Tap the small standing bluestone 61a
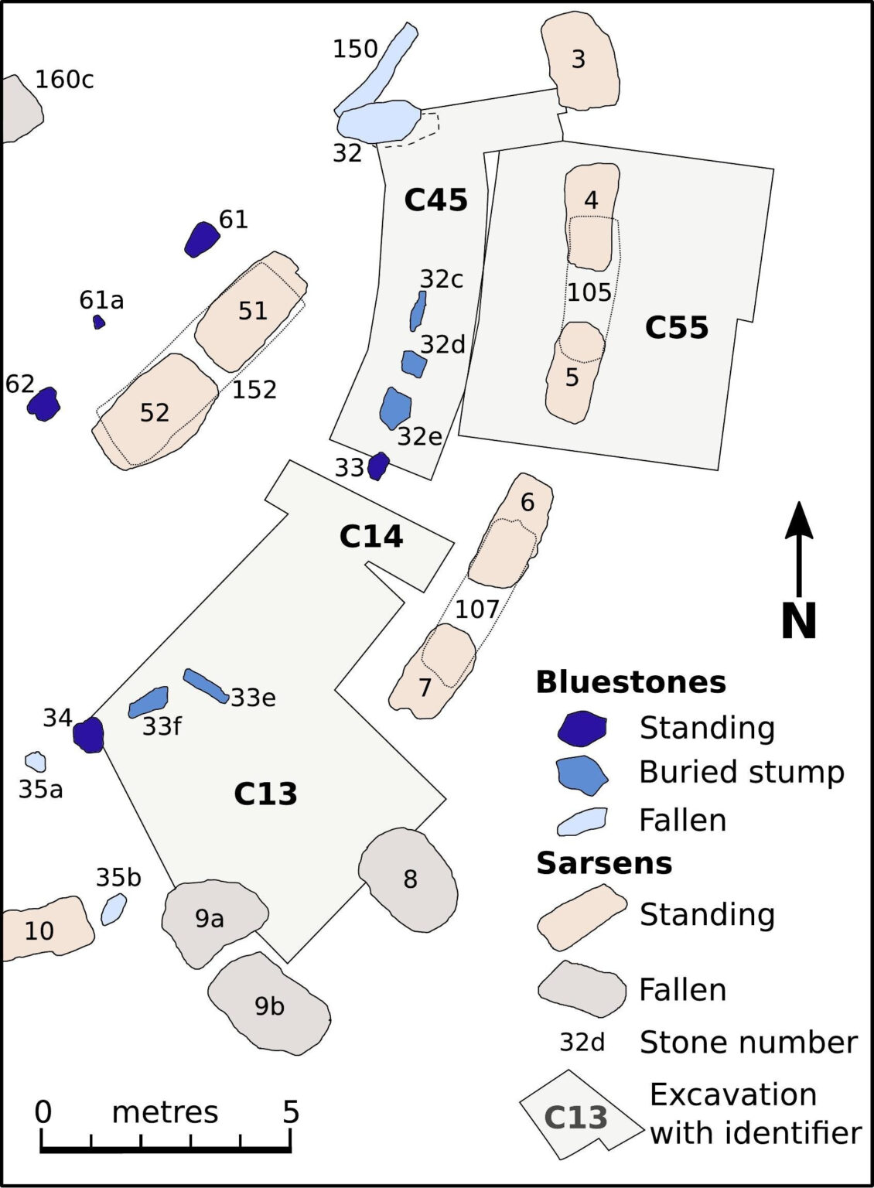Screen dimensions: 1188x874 point(98,322)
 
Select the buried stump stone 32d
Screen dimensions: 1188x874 point(414,363)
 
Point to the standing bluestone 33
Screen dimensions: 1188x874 point(378,466)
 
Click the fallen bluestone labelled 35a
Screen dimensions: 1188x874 point(36,761)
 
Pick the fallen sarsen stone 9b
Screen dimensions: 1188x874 point(269,1004)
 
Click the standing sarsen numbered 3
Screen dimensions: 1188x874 point(579,60)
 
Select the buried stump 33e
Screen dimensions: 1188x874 point(205,685)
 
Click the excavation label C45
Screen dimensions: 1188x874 point(436,200)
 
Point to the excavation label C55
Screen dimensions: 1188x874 point(677,328)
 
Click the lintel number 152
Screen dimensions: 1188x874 point(254,389)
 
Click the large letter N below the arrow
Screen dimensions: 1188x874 point(799,620)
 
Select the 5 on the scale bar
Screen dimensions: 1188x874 point(290,1111)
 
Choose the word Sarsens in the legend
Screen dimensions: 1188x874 point(604,862)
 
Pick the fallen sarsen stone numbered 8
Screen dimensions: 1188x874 point(408,879)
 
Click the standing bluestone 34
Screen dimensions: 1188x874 point(88,734)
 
